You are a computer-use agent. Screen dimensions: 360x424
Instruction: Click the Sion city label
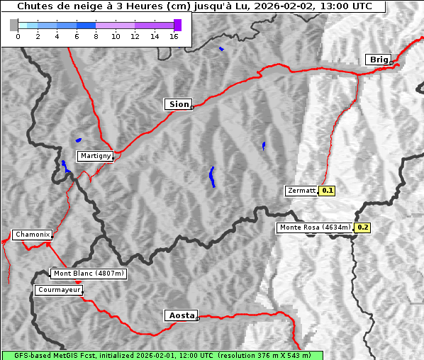[x=178, y=104]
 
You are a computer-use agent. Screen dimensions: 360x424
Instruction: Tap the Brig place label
[x=378, y=60]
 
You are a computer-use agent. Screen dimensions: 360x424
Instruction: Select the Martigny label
[x=95, y=156]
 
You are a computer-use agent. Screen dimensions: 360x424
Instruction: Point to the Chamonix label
[x=32, y=235]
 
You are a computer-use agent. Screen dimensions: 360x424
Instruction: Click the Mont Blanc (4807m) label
[x=89, y=274]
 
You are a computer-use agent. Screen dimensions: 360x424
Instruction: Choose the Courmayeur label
[x=59, y=290]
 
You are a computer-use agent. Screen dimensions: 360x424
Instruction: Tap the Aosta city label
[x=180, y=315]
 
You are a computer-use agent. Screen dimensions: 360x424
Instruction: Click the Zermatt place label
[x=301, y=191]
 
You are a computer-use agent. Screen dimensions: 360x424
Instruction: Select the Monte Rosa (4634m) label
[x=315, y=227]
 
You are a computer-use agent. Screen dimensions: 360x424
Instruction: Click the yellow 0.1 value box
[x=328, y=191]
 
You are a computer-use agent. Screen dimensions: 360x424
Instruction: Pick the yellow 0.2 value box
[x=363, y=227]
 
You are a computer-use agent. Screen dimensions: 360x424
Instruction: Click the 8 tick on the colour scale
[x=96, y=36]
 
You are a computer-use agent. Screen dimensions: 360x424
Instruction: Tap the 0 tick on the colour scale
[x=18, y=36]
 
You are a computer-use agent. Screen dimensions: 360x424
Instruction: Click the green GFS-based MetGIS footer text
[x=162, y=355]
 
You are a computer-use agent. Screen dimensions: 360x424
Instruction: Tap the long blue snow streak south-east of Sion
[x=212, y=176]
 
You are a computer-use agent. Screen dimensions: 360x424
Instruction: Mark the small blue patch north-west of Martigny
[x=78, y=140]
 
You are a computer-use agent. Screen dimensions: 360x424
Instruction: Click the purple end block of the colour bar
[x=177, y=25]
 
